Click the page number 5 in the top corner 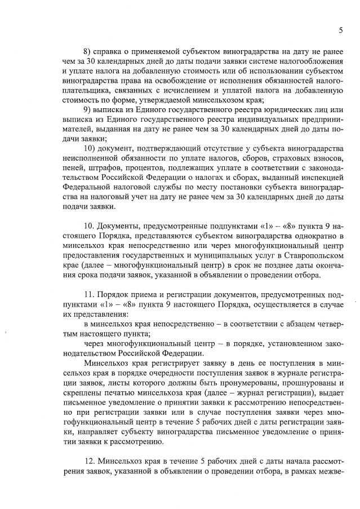341,30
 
